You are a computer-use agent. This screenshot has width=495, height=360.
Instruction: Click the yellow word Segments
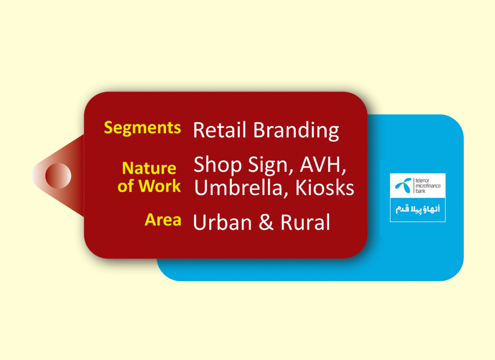click(x=142, y=128)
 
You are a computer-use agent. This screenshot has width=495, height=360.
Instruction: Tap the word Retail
click(x=220, y=130)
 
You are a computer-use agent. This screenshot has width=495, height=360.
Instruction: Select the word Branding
click(x=296, y=130)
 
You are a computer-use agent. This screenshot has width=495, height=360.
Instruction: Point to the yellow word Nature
click(x=149, y=168)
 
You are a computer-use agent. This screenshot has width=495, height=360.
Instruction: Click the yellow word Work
click(x=159, y=186)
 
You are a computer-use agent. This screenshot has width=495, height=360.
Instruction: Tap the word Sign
click(x=270, y=165)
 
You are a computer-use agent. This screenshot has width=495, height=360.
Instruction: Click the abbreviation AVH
click(x=321, y=164)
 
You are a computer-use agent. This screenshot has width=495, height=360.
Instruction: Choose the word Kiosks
click(x=324, y=188)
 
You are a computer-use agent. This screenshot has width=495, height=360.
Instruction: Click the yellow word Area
click(x=163, y=220)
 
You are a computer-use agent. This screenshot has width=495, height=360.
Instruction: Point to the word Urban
click(x=222, y=222)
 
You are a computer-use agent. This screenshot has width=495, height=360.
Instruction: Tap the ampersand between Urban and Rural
click(x=266, y=222)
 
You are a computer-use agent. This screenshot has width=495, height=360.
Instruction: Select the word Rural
click(x=305, y=222)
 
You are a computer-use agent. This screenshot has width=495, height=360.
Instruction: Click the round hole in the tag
click(x=58, y=176)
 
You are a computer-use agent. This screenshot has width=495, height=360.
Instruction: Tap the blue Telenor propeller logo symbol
click(x=404, y=185)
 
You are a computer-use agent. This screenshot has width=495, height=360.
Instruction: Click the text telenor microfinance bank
click(x=428, y=186)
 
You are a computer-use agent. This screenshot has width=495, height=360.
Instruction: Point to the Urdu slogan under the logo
click(x=418, y=209)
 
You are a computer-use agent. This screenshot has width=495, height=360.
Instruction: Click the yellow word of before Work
click(x=126, y=186)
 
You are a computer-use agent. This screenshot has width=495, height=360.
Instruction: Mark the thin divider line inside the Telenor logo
click(x=414, y=186)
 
